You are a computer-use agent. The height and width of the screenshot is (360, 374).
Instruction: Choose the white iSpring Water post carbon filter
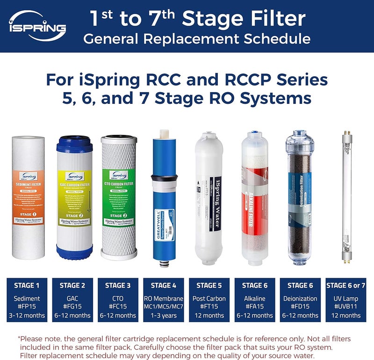click(x=210, y=196)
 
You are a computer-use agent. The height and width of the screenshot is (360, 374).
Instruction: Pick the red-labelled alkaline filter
click(x=255, y=196)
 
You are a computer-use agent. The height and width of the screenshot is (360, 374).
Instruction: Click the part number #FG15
click(x=72, y=307)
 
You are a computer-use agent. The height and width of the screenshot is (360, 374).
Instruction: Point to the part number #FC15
click(x=118, y=307)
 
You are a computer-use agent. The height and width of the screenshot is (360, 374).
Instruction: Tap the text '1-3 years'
click(x=164, y=316)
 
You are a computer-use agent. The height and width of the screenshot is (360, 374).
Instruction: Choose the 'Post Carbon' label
click(x=209, y=298)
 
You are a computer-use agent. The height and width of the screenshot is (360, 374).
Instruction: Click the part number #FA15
click(x=254, y=307)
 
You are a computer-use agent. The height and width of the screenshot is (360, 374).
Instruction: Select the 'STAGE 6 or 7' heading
click(x=345, y=285)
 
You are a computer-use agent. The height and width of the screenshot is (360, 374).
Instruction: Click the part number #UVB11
click(x=345, y=307)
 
